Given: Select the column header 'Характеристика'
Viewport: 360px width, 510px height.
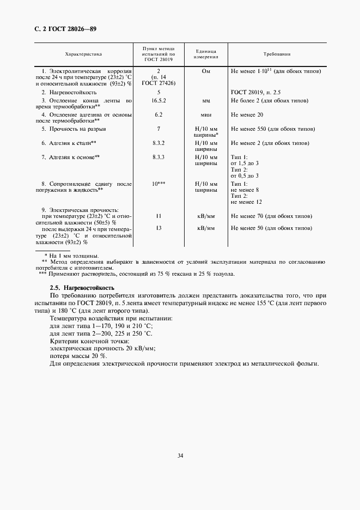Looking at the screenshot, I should [83, 54].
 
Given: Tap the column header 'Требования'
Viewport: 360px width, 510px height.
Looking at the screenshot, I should [277, 54].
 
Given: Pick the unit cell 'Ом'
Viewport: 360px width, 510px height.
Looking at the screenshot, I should [206, 71].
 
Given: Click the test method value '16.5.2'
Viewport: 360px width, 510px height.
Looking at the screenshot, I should [158, 101].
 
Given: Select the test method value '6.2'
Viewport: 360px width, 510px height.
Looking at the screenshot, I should [158, 115].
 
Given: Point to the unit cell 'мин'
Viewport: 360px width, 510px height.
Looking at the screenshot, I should [206, 115].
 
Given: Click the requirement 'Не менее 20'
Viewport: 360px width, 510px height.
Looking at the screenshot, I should [247, 115].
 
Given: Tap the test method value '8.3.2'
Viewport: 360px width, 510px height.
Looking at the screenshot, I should [158, 143].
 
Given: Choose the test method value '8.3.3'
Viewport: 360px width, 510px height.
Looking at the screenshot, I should [158, 157].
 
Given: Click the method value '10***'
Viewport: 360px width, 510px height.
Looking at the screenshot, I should [158, 184].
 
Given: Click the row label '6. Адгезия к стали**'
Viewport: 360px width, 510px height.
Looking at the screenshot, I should [69, 143].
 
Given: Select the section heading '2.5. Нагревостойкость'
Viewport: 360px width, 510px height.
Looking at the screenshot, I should [82, 287].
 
